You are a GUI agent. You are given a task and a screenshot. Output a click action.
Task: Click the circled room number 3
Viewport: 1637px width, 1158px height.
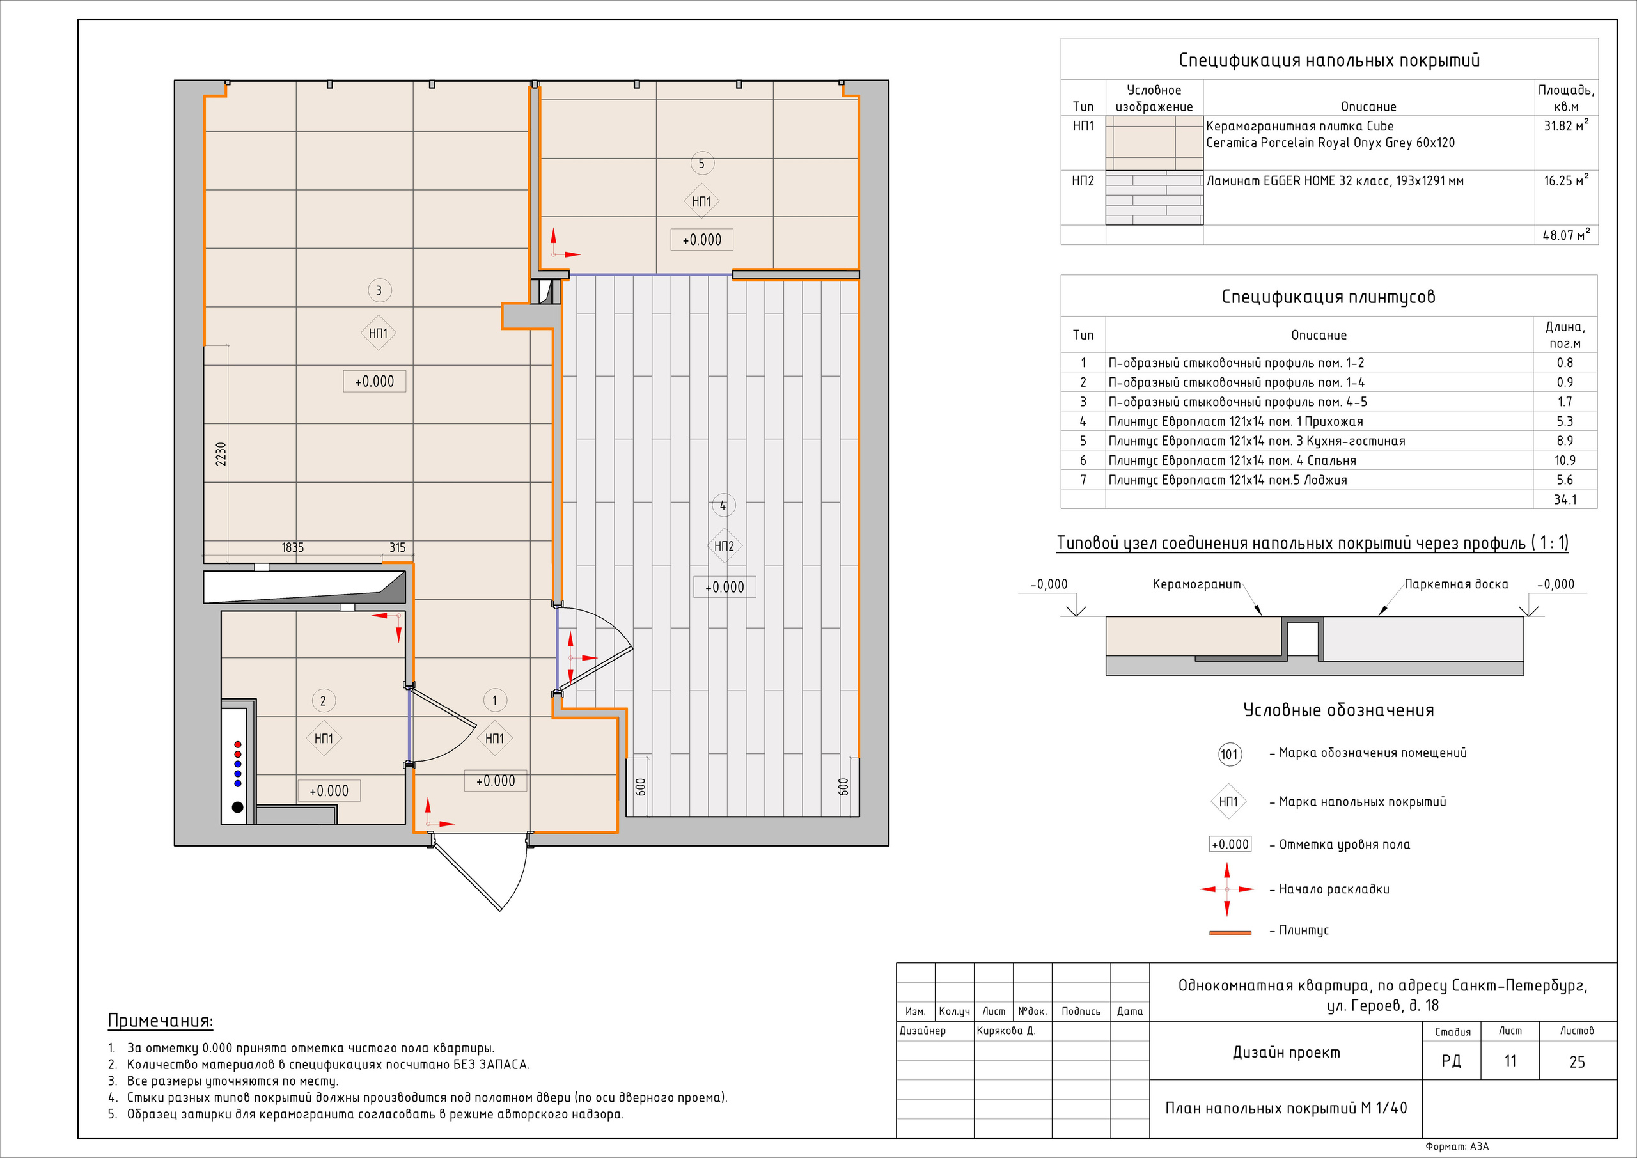(379, 290)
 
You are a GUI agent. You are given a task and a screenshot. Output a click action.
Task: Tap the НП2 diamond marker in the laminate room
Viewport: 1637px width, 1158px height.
(724, 546)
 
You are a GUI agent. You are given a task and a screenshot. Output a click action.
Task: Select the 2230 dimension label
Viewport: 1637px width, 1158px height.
(221, 454)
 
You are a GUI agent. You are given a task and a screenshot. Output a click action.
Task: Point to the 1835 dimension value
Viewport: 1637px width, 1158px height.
(292, 547)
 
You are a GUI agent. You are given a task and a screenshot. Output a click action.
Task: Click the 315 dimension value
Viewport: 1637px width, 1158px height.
(397, 547)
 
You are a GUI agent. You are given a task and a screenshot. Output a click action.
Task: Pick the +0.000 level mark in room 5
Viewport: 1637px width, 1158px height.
(701, 240)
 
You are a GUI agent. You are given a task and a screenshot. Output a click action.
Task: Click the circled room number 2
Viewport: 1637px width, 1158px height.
(323, 701)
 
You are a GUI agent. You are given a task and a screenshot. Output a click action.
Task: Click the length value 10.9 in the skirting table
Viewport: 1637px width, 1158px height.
(1565, 460)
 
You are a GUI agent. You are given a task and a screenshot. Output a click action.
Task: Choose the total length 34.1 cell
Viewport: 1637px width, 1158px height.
(1565, 500)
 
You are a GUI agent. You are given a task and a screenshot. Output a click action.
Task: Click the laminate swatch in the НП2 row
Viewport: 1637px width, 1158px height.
(1154, 198)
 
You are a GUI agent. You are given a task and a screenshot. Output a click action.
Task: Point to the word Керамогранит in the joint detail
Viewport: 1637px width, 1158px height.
(1196, 584)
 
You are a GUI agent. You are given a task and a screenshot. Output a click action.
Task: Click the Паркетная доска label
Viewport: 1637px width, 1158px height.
(1456, 584)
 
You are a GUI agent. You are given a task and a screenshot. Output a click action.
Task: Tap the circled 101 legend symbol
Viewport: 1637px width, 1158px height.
(1230, 755)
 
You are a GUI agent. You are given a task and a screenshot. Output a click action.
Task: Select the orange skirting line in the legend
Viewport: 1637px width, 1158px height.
(1230, 933)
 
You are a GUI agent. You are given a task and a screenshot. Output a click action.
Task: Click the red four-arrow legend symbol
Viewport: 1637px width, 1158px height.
(1227, 889)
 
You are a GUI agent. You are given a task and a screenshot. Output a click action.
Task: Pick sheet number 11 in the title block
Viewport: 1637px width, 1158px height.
(1510, 1061)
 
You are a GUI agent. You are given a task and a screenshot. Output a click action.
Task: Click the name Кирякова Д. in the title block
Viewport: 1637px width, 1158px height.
(1005, 1030)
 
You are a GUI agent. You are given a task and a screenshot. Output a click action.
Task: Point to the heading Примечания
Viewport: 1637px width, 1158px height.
(161, 1021)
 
